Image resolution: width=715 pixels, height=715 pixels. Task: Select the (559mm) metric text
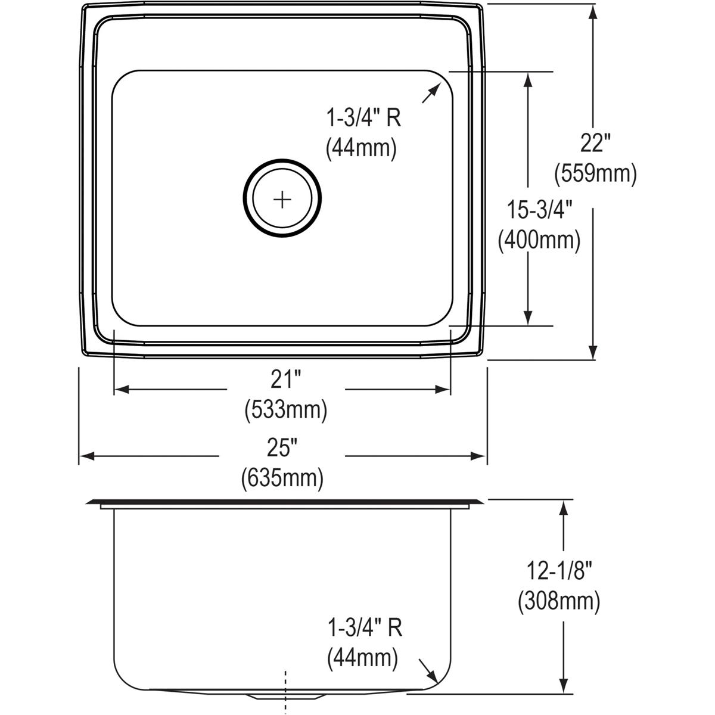click(x=595, y=173)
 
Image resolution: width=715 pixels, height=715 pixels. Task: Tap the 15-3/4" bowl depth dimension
click(x=539, y=210)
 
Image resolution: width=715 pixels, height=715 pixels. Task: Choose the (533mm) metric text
click(x=285, y=410)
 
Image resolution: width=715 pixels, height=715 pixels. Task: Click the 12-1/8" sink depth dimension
click(x=558, y=572)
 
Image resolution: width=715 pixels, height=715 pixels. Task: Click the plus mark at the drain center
click(x=282, y=198)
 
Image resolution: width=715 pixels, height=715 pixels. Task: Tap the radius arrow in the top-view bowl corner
click(x=430, y=94)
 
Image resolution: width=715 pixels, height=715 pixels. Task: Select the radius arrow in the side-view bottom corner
click(x=429, y=670)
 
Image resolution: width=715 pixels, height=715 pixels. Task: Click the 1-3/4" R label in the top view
click(x=363, y=119)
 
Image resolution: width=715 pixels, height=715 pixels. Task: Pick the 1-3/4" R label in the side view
click(x=364, y=628)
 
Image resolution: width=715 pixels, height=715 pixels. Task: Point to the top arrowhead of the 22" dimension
click(x=593, y=11)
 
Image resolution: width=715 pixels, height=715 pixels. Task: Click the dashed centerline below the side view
click(x=287, y=691)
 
